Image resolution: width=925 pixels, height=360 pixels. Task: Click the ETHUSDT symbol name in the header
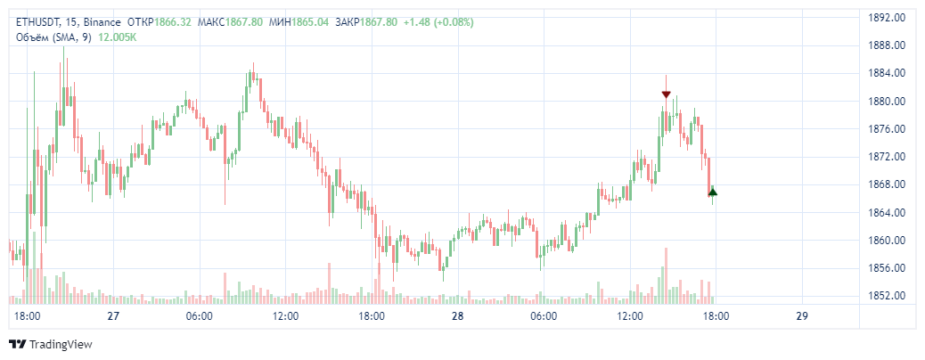tap(37, 21)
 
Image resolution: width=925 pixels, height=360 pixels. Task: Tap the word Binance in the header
tap(103, 21)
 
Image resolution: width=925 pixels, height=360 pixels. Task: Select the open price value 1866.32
tap(173, 21)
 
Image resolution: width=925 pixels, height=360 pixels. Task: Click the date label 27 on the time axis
tap(113, 316)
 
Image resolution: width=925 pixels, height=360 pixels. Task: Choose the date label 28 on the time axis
tap(458, 316)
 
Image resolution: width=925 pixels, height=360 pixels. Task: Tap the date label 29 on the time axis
tap(802, 316)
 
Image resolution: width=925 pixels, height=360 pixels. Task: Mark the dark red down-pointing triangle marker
tap(666, 94)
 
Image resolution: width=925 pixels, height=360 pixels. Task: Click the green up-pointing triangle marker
tap(712, 192)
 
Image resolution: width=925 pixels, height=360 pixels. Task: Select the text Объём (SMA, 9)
tap(53, 37)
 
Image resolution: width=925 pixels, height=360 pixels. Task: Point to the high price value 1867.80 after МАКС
tap(244, 21)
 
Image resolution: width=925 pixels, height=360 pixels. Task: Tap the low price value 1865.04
tap(310, 21)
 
